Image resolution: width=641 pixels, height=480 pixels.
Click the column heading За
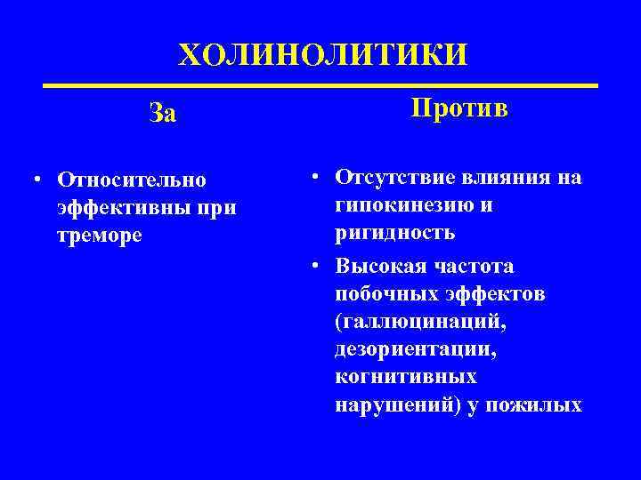point(163,112)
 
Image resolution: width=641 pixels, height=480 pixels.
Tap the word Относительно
point(131,180)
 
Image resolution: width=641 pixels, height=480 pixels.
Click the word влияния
point(501,177)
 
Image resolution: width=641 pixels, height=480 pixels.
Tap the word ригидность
point(395,234)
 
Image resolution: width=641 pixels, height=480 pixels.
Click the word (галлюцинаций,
point(421,321)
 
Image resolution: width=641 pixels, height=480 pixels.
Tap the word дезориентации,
point(418,349)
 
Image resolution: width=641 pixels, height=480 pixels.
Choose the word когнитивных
point(407,377)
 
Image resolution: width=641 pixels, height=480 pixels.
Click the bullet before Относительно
point(32,180)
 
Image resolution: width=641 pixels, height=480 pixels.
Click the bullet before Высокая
point(316,266)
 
